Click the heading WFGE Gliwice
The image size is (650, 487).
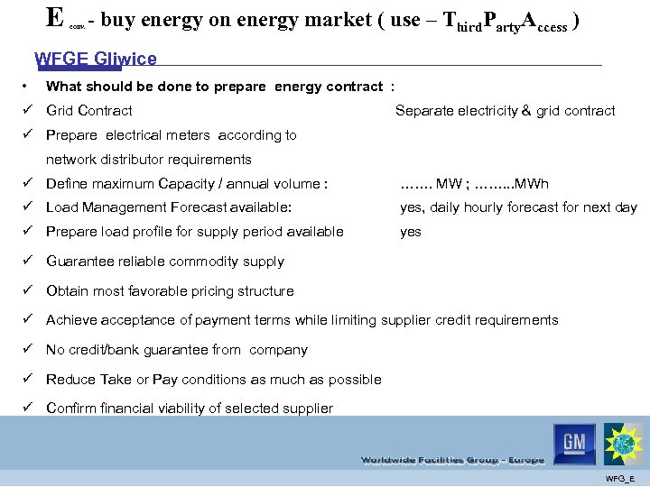tap(96, 60)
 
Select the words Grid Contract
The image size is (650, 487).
tap(89, 111)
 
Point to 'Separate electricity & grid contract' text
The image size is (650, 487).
tap(506, 111)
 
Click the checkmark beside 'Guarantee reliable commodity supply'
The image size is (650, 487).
tap(29, 262)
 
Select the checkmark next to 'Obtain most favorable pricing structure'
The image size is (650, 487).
tap(29, 291)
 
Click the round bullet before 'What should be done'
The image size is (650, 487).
tap(29, 87)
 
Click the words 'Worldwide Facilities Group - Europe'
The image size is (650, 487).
tap(452, 460)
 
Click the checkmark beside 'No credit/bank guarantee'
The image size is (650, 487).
tap(29, 350)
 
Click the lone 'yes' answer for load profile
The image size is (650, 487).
tap(411, 232)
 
